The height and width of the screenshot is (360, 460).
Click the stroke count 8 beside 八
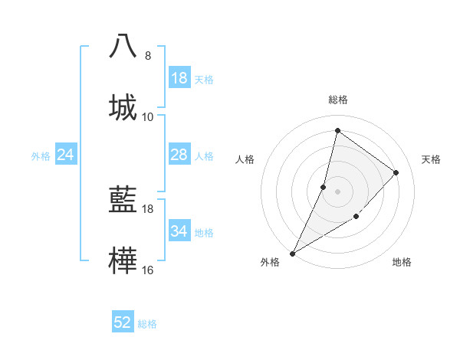148,56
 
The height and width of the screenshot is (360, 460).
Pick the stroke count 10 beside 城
148,117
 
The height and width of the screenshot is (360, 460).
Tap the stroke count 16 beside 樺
148,270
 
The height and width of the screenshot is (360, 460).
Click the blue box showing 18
179,78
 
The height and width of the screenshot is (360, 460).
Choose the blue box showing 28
179,155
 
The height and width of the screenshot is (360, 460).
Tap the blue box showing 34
179,231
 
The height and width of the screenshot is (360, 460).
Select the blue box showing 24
66,155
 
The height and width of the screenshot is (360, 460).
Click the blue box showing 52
123,322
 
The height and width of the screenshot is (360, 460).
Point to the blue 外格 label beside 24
41,156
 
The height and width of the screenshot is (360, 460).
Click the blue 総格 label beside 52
147,324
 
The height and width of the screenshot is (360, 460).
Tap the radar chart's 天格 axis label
432,159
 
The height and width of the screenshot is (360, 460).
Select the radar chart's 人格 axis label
245,159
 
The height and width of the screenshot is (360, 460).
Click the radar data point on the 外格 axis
293,254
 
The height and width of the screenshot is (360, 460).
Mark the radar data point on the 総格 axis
337,130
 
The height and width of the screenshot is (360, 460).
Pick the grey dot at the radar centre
337,191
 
